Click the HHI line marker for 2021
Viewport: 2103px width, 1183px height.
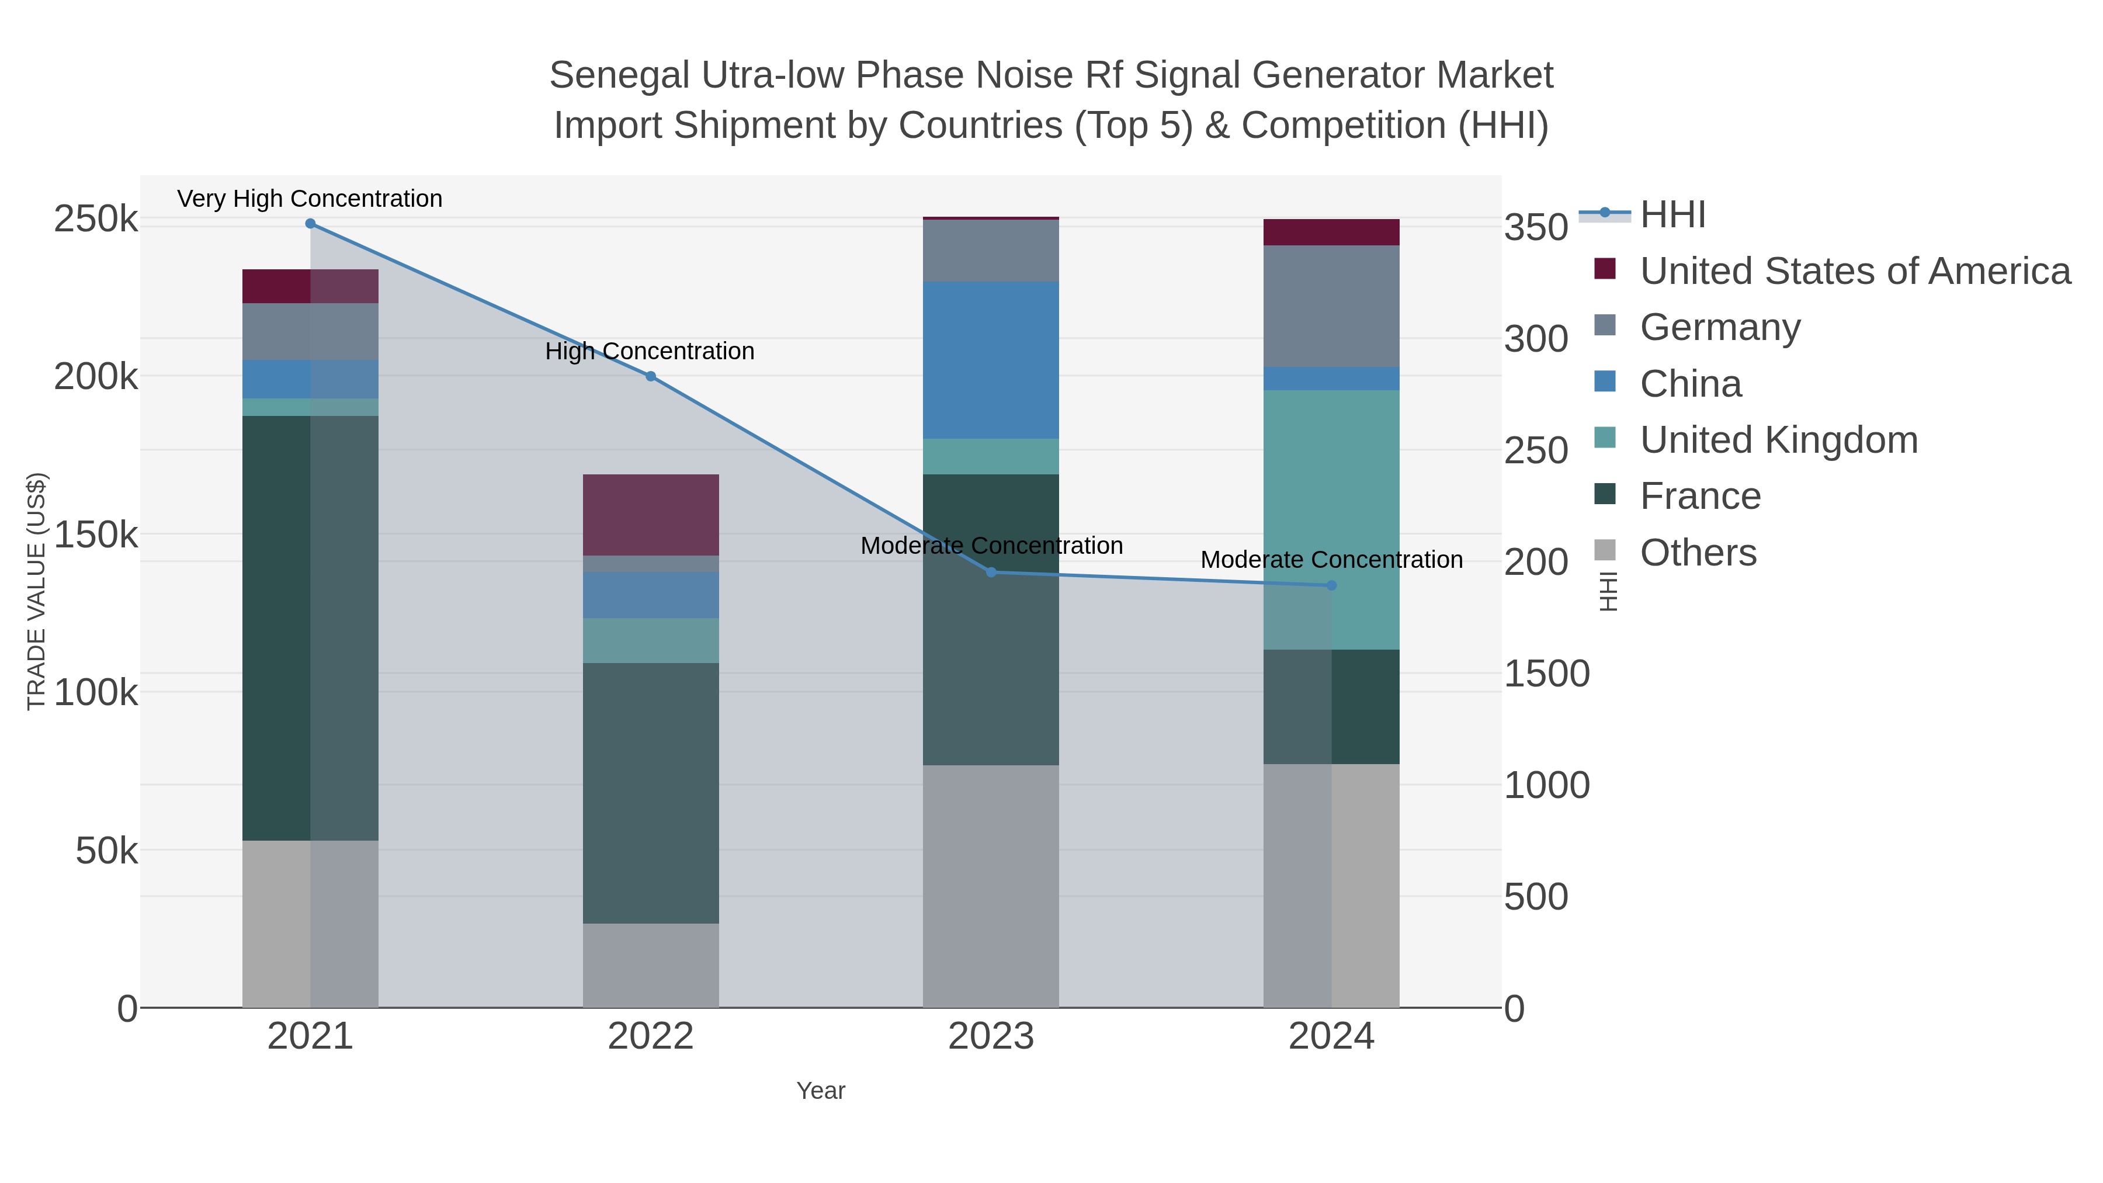[x=310, y=224]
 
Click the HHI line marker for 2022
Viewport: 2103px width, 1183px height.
[x=651, y=376]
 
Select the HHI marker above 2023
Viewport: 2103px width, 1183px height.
[x=991, y=573]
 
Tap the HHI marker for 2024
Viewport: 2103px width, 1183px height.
[x=1331, y=585]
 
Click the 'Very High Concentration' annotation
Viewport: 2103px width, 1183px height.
[x=310, y=199]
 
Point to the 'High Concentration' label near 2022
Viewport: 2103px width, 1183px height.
[x=649, y=351]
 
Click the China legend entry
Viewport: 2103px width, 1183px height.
[x=1690, y=384]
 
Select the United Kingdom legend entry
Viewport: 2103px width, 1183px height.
[x=1778, y=440]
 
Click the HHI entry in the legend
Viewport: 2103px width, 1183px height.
[x=1672, y=215]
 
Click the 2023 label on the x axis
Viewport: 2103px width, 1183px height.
[x=991, y=1036]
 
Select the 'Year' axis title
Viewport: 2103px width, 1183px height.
[x=821, y=1091]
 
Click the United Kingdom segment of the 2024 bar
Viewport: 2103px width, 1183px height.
[x=1331, y=519]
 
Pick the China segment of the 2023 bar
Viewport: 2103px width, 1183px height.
[x=991, y=360]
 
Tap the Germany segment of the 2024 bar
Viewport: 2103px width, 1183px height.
[x=1331, y=306]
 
